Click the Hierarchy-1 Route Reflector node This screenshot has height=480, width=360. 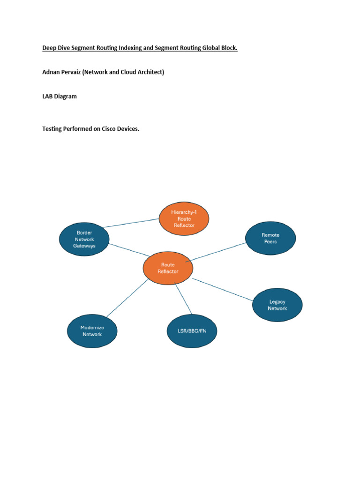coord(184,218)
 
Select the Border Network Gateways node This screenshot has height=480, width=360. coord(84,239)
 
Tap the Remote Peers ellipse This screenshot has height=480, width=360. coord(270,238)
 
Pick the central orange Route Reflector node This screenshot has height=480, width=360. coord(168,268)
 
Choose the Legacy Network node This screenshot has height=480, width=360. coord(277,305)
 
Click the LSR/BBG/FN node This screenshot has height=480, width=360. coord(192,331)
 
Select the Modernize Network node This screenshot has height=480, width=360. coord(92,331)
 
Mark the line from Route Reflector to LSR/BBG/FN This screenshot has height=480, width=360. coord(184,299)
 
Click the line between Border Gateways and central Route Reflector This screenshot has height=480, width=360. coord(127,250)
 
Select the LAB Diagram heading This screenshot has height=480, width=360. coord(60,97)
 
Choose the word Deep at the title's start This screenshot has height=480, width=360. coord(49,48)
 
